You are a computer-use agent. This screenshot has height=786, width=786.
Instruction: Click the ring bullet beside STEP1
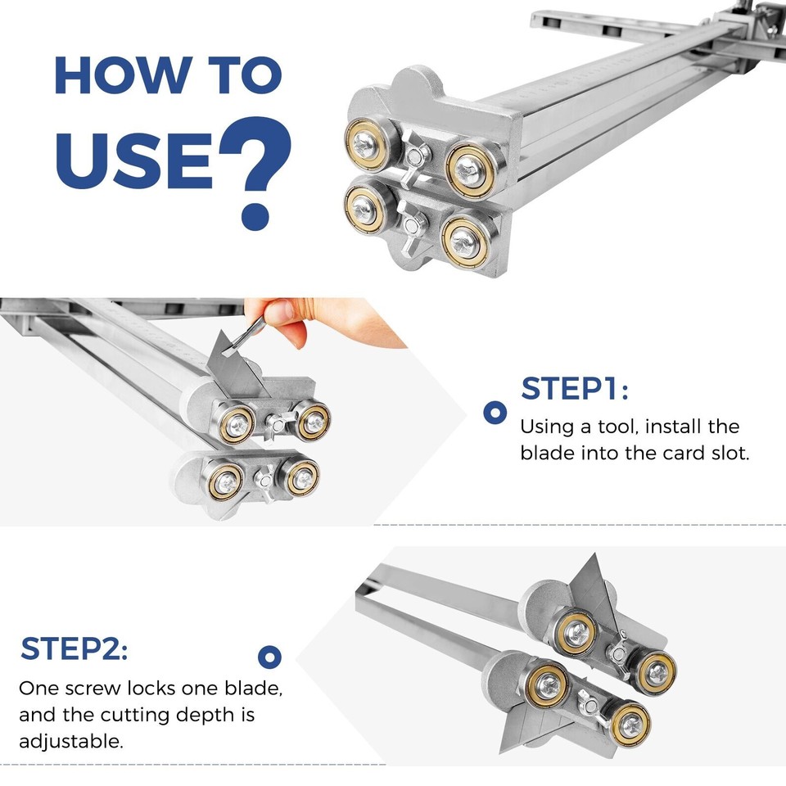point(495,412)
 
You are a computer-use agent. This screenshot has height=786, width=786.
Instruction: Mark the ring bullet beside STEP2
point(269,656)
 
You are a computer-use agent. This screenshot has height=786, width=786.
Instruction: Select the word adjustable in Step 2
point(70,742)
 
